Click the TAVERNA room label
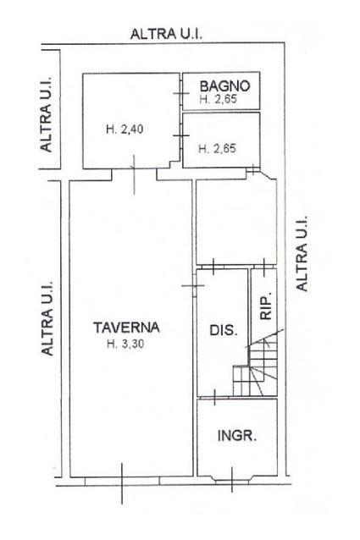126,328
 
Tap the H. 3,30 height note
125,344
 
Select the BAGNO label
224,85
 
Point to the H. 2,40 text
125,129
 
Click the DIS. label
224,330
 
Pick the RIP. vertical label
266,306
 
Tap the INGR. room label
237,436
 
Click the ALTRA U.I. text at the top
166,34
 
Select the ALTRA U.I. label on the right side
302,254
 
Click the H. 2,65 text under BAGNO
218,100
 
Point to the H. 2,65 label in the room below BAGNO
218,148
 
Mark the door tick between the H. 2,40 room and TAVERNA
134,174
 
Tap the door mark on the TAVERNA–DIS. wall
193,285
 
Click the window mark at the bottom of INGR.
232,479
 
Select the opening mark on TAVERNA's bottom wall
122,483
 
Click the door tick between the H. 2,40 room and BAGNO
181,93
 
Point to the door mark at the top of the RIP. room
264,267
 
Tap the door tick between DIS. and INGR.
215,398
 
